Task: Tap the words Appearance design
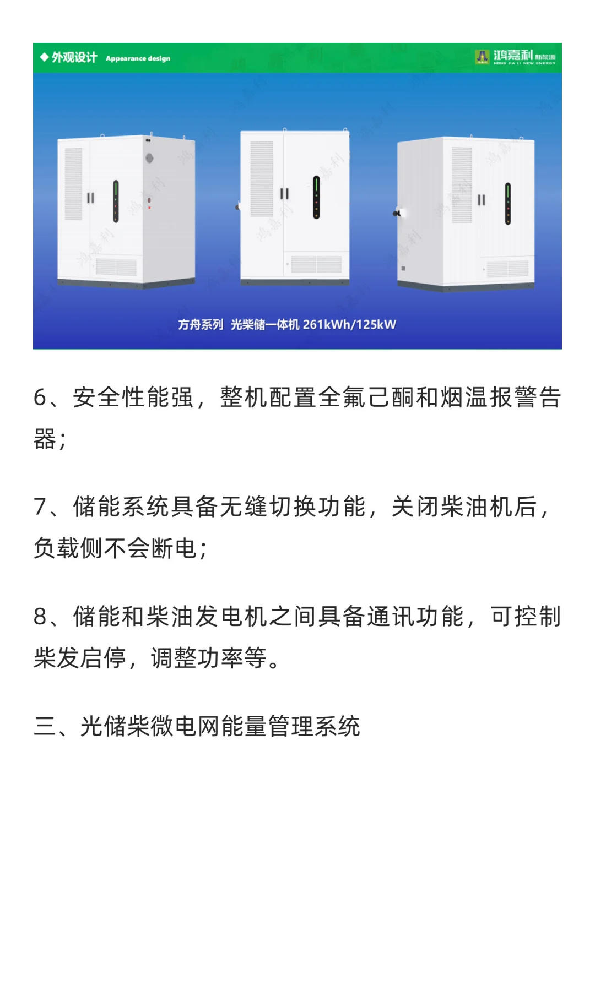tap(138, 58)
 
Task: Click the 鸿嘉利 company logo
tap(515, 57)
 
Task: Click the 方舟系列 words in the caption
tap(201, 324)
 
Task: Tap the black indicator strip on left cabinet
tap(116, 201)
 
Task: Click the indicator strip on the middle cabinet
tap(316, 197)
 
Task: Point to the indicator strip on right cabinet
tap(507, 204)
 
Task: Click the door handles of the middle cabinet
tap(284, 193)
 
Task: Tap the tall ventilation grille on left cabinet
tap(73, 183)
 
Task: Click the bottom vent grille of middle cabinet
tap(316, 264)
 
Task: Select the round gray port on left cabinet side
tap(149, 159)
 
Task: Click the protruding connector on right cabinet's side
tap(398, 213)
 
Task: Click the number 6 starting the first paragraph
tap(40, 398)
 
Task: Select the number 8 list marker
tap(40, 617)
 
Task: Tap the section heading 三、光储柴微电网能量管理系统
tap(197, 726)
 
